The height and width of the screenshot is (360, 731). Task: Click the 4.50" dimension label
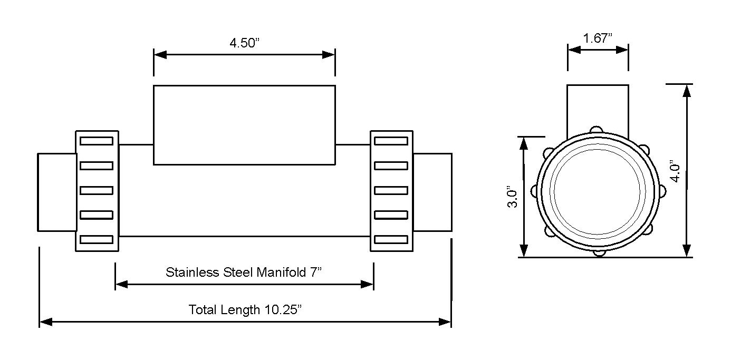[245, 43]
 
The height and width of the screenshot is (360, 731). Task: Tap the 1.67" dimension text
[598, 38]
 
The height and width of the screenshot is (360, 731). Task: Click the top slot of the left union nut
[97, 141]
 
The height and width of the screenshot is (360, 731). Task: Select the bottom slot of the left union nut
[97, 240]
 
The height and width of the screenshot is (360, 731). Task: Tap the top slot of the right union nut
[391, 141]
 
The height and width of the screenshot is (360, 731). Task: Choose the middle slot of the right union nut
[391, 190]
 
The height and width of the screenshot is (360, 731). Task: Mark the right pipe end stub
[432, 192]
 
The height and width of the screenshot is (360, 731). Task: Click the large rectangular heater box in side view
[244, 125]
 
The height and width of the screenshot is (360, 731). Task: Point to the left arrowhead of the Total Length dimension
[45, 322]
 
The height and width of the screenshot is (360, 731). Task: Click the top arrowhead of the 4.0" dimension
[686, 90]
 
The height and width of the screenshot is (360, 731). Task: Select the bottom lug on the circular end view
[599, 254]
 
